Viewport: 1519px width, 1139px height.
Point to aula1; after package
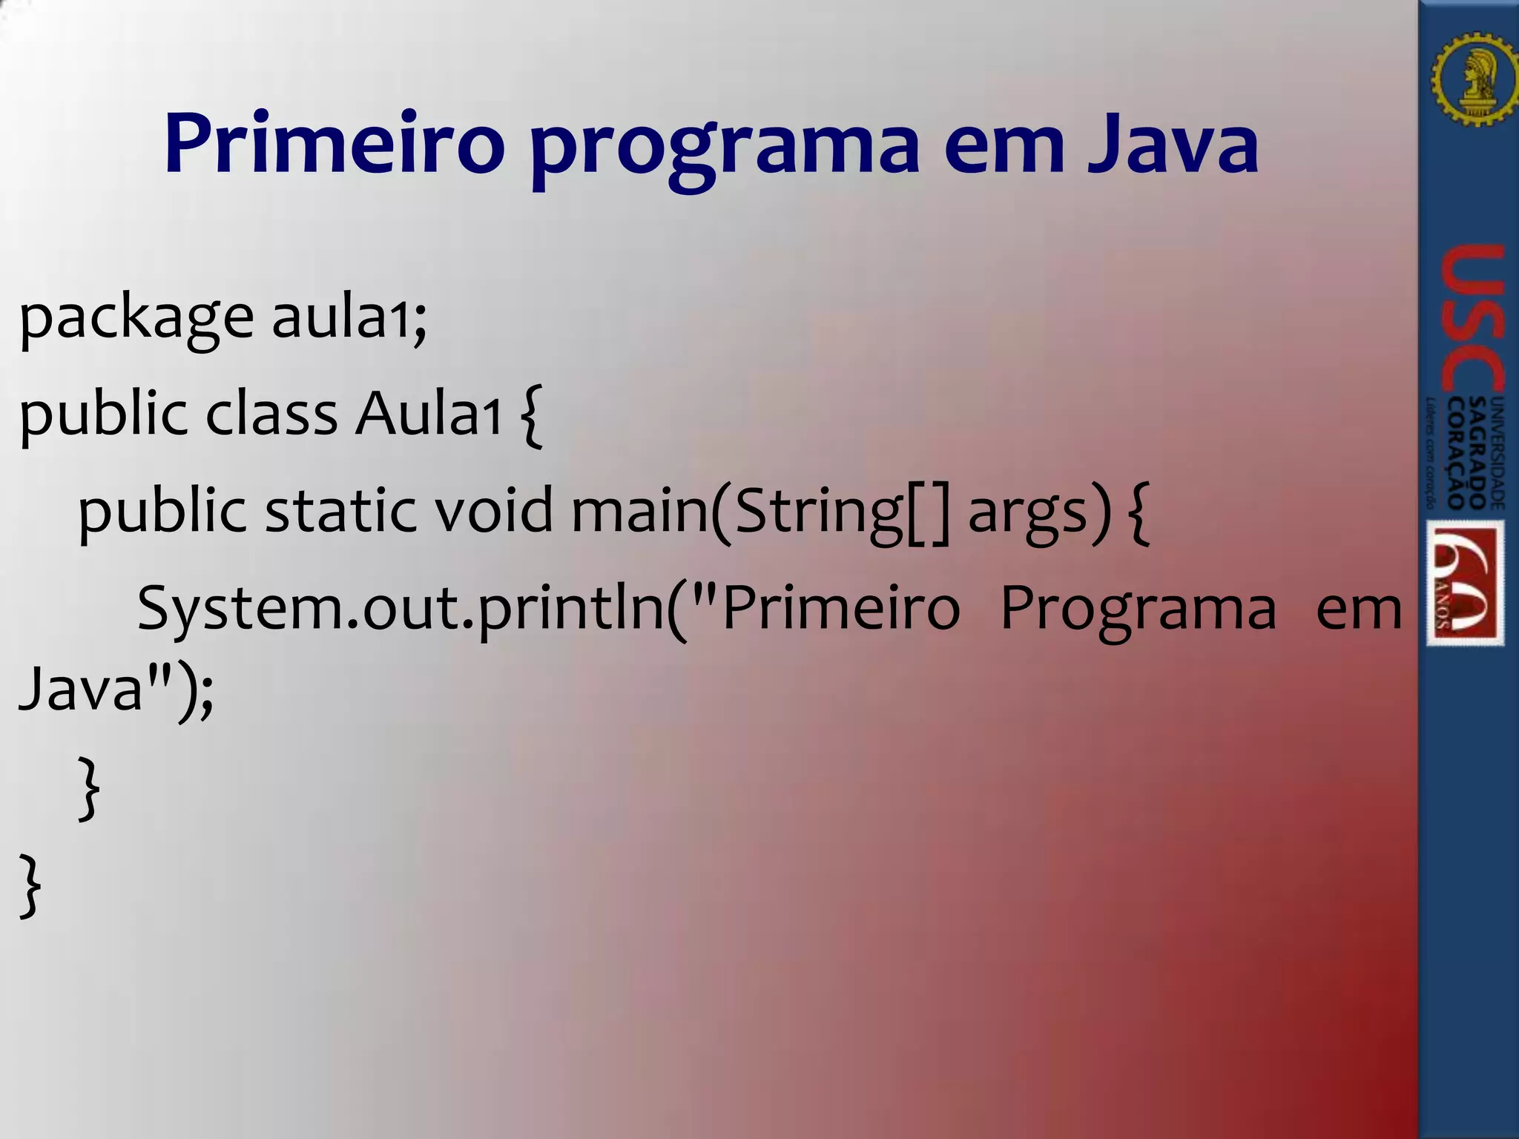pos(349,317)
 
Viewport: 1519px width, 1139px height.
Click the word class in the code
pos(271,414)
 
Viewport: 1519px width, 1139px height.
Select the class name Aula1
pos(429,414)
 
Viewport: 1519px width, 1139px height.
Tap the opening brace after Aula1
pos(532,415)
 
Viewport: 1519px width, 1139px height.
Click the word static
pos(340,511)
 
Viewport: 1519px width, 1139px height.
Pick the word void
pos(493,511)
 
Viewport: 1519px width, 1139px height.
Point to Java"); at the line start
pos(116,690)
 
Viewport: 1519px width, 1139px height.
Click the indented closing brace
pos(88,788)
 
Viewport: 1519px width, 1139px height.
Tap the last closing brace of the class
pos(29,885)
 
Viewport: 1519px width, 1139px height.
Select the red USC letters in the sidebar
pos(1472,319)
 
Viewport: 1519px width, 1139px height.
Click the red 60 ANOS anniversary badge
pos(1466,583)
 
